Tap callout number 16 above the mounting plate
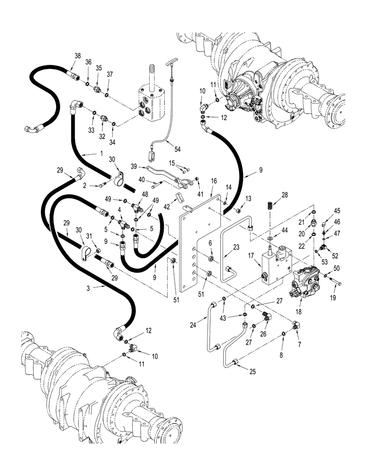click(213, 181)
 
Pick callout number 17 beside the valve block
click(250, 255)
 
